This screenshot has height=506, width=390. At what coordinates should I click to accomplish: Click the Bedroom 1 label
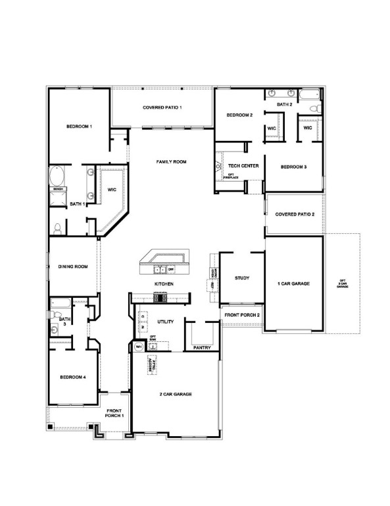[78, 126]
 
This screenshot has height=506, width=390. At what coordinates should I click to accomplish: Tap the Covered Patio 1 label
[162, 107]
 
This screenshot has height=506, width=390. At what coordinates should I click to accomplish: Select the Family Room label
[172, 161]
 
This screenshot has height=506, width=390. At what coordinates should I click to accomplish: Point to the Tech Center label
[243, 166]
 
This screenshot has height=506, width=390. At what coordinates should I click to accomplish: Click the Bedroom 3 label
[293, 167]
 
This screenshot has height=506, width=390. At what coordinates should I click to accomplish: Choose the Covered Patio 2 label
[295, 214]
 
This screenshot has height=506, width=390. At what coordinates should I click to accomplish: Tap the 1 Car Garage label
[293, 283]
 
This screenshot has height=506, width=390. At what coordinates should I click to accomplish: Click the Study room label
[242, 278]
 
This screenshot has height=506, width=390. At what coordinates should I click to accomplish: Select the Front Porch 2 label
[242, 315]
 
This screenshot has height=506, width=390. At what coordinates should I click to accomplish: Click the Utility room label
[165, 322]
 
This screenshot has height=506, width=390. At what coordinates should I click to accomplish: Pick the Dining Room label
[73, 267]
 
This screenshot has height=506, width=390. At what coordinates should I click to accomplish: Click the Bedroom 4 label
[73, 378]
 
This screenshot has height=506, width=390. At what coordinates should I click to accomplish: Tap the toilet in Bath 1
[58, 228]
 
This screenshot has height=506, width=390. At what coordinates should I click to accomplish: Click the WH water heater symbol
[139, 346]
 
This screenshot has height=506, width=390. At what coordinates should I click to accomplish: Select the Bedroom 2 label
[239, 115]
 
